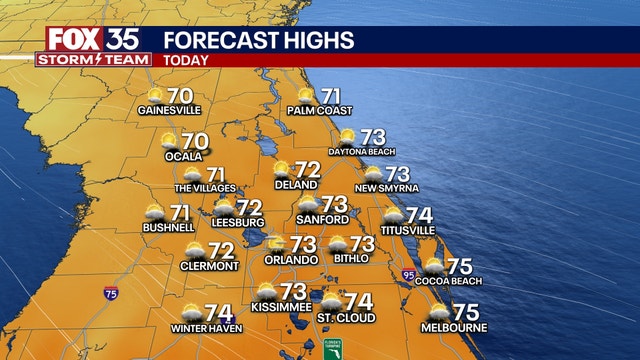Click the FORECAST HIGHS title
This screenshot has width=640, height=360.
[258, 40]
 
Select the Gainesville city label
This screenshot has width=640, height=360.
[170, 110]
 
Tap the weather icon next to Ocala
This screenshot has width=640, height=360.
[169, 141]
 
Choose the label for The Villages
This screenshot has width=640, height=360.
[205, 188]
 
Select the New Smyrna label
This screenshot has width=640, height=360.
[385, 188]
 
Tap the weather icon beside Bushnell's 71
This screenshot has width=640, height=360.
[155, 212]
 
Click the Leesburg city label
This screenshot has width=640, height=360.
[237, 221]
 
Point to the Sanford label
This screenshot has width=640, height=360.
[323, 219]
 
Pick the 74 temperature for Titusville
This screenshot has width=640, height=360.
[419, 214]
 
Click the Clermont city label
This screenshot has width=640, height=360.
[209, 266]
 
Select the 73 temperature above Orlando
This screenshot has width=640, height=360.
[302, 243]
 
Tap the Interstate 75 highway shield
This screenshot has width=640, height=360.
[109, 294]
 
